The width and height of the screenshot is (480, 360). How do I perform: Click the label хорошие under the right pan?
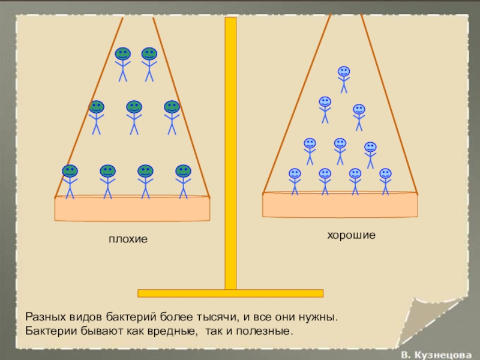click(351, 236)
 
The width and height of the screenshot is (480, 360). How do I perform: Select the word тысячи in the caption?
click(219, 316)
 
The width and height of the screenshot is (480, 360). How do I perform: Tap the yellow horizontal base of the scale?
click(230, 293)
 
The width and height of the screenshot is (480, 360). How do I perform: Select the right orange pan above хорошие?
click(340, 205)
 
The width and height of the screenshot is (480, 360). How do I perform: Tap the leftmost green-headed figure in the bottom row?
click(70, 181)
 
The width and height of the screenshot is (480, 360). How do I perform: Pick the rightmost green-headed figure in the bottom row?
click(183, 181)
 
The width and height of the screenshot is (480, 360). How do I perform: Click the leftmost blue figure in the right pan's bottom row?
click(295, 181)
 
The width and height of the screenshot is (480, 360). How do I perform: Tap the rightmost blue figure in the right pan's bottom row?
click(385, 181)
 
